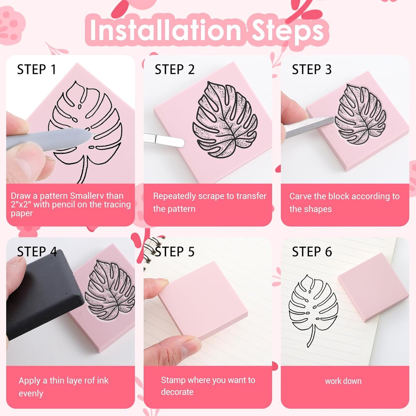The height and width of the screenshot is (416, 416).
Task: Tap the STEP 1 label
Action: coord(37,70)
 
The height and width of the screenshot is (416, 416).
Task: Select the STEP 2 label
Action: coord(174,70)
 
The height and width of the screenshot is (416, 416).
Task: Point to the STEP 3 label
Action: coord(312,70)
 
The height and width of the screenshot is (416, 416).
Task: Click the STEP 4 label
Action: coord(37,252)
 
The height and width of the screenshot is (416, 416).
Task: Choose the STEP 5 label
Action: coord(174,252)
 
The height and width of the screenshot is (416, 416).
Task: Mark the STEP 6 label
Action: coord(312,252)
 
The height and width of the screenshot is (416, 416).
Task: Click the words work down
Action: coord(343,381)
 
